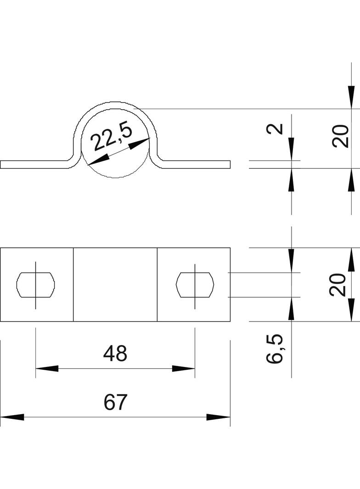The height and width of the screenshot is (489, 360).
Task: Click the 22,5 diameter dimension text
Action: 112,137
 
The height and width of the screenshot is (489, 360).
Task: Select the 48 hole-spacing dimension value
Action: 115,354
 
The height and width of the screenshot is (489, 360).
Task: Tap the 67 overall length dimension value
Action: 115,402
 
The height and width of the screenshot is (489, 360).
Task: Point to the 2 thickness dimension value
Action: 275,129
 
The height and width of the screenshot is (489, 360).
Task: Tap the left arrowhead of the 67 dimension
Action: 11,417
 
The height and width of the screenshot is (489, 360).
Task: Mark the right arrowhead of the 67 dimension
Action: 219,417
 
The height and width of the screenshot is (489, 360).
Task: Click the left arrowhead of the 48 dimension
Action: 47,368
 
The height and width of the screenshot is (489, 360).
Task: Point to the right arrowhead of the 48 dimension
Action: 184,368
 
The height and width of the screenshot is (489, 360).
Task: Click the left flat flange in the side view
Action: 34,165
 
